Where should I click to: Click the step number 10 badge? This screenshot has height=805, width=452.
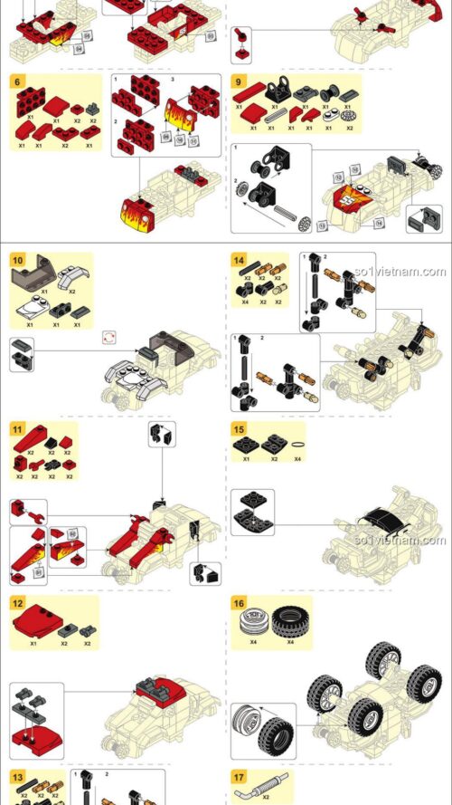(x=18, y=260)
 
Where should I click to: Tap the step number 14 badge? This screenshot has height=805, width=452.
(x=239, y=260)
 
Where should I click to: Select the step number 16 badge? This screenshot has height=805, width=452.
(x=239, y=602)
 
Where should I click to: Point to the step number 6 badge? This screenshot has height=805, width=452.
(x=18, y=81)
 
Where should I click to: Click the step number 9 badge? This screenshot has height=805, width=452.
(x=239, y=81)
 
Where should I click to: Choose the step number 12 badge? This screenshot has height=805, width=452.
(x=18, y=602)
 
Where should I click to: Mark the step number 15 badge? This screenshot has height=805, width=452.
(x=239, y=430)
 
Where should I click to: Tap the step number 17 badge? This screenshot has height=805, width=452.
(x=239, y=777)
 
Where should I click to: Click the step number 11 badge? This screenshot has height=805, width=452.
(x=18, y=430)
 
